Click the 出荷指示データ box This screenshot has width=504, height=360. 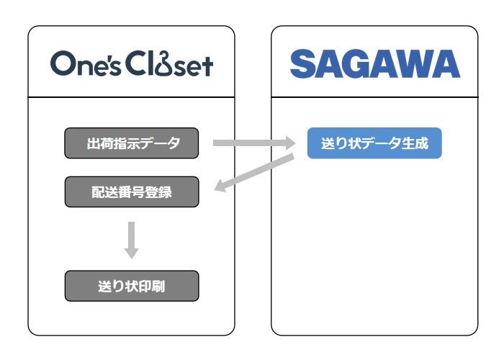pyautogui.click(x=131, y=143)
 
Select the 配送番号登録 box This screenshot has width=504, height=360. pyautogui.click(x=131, y=192)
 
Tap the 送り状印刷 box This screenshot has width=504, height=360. pyautogui.click(x=131, y=286)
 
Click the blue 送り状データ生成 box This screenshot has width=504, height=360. pyautogui.click(x=374, y=143)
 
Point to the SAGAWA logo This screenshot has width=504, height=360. pyautogui.click(x=374, y=64)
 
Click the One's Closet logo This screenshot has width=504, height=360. pyautogui.click(x=131, y=64)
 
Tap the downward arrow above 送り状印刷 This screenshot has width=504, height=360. pyautogui.click(x=131, y=240)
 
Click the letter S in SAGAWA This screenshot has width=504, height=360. pyautogui.click(x=302, y=64)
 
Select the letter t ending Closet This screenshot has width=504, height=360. pyautogui.click(x=207, y=65)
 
